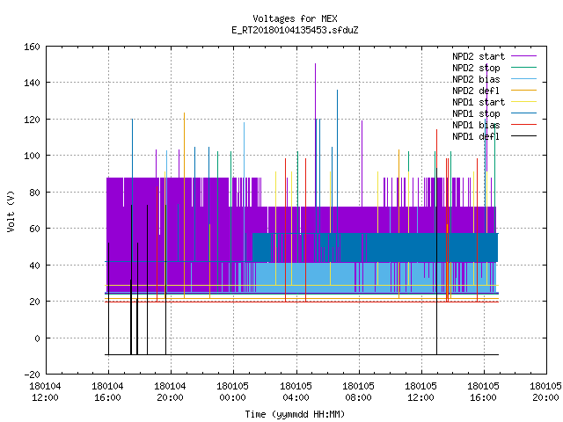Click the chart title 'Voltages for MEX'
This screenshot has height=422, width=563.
[295, 18]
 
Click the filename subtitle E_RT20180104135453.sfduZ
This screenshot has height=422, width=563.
[295, 30]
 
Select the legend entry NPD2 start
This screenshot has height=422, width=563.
[479, 56]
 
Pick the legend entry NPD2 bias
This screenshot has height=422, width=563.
[476, 79]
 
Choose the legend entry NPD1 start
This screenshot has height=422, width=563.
[479, 102]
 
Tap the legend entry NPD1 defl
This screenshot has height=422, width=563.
[476, 136]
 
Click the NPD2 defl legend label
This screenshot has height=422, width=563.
[476, 91]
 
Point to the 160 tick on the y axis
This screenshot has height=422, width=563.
[32, 47]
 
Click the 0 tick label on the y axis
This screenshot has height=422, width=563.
[37, 338]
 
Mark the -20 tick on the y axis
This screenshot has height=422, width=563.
[32, 375]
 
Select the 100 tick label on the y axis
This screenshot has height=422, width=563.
[32, 156]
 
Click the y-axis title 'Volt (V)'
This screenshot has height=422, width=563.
[11, 211]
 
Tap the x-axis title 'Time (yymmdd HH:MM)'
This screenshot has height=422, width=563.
[295, 414]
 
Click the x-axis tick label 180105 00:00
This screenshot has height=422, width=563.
[232, 392]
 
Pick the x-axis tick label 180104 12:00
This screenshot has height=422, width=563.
[45, 392]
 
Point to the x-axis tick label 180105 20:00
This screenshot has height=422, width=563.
[545, 392]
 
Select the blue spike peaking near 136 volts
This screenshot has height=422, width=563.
[337, 162]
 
